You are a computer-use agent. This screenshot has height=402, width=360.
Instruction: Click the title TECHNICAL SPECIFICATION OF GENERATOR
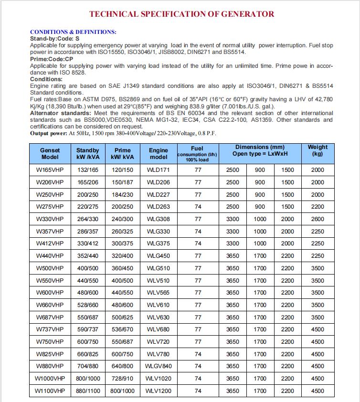click(180, 14)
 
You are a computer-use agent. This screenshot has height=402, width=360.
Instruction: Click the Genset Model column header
click(50, 153)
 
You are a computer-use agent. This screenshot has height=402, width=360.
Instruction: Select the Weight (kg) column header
click(318, 150)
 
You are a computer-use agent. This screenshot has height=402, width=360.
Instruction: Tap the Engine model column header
click(159, 153)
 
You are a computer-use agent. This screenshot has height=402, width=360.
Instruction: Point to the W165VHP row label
click(50, 170)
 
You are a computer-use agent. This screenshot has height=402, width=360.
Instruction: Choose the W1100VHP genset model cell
click(50, 391)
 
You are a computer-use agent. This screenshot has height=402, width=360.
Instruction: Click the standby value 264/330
click(87, 219)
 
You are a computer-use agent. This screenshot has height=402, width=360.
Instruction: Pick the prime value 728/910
click(122, 379)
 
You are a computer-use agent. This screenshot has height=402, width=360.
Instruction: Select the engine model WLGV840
click(159, 366)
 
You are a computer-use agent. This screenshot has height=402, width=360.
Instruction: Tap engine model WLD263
click(159, 207)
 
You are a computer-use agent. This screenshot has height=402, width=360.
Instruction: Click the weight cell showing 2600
click(318, 219)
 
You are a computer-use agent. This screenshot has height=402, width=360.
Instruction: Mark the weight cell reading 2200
click(318, 207)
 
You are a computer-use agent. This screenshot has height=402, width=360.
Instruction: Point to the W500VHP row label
click(50, 268)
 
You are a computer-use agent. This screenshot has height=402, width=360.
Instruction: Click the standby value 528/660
click(87, 305)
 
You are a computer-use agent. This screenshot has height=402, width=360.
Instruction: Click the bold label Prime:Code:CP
click(52, 59)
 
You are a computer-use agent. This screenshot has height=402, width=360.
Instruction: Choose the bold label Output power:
click(49, 133)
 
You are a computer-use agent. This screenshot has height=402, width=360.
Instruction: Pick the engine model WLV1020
click(159, 379)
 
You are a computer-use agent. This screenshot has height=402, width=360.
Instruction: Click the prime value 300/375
click(122, 243)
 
